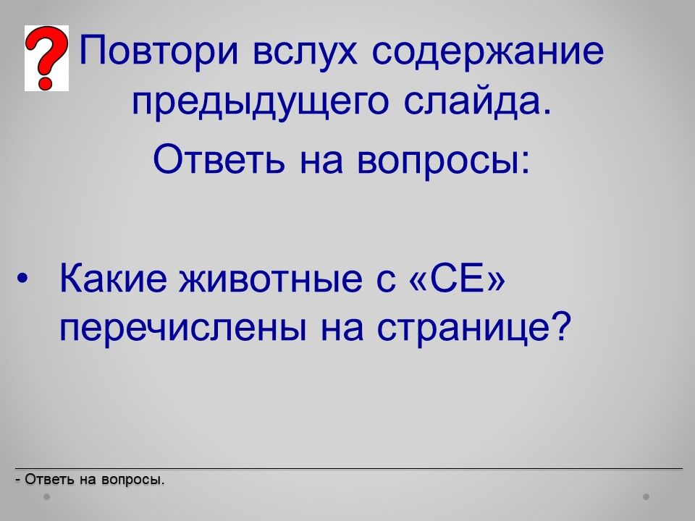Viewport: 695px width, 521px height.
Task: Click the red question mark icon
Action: tap(46, 58)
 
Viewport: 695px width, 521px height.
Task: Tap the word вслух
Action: tap(305, 50)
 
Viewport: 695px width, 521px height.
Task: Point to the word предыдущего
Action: tap(260, 102)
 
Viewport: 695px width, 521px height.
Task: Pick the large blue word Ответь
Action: tap(219, 159)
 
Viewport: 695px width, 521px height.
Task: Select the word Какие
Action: tap(114, 278)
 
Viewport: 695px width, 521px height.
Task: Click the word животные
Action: tap(270, 278)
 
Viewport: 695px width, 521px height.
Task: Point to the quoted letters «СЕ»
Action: tap(458, 278)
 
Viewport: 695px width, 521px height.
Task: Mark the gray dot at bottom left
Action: tap(46, 496)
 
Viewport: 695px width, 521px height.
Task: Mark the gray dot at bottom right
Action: tap(646, 496)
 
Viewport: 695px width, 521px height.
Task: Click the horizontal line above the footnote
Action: tap(349, 468)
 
